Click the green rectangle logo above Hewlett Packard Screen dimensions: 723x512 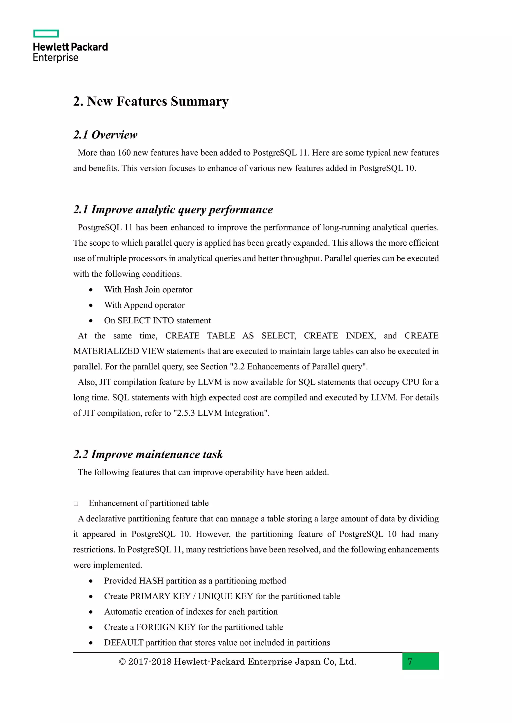click(46, 34)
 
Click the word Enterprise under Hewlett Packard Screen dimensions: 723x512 click(55, 58)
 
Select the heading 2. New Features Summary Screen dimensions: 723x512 click(151, 101)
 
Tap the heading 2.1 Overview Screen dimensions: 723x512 click(105, 135)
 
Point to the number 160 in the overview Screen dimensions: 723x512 click(124, 153)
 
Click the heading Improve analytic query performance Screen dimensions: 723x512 click(182, 210)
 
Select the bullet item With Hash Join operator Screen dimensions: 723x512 click(148, 290)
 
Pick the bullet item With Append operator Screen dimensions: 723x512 click(144, 305)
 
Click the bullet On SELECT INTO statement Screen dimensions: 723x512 click(157, 321)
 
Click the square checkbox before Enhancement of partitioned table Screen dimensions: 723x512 click(76, 504)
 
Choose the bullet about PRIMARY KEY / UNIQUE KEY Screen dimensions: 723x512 click(222, 596)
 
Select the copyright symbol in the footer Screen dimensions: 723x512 click(122, 662)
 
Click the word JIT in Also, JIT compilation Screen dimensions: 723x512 click(105, 382)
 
